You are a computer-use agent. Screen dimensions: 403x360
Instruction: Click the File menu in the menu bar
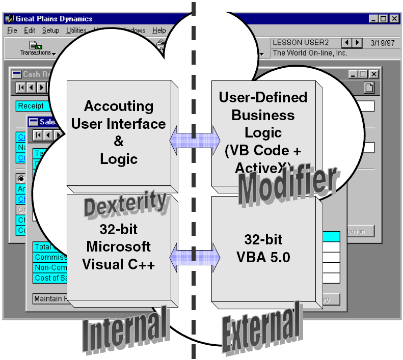pyautogui.click(x=12, y=31)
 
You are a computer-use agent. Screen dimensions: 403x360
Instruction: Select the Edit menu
pyautogui.click(x=30, y=31)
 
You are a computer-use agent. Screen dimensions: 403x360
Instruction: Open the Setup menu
pyautogui.click(x=50, y=31)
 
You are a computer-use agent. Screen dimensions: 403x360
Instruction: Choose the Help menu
pyautogui.click(x=159, y=31)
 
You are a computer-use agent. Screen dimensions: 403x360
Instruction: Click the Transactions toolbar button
pyautogui.click(x=36, y=48)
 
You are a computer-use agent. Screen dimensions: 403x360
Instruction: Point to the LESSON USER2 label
pyautogui.click(x=301, y=43)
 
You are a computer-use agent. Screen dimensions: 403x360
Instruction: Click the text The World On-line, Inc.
pyautogui.click(x=310, y=52)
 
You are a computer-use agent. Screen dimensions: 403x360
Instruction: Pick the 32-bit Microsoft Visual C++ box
pyautogui.click(x=118, y=247)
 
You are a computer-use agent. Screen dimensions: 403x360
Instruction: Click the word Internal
pyautogui.click(x=126, y=329)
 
